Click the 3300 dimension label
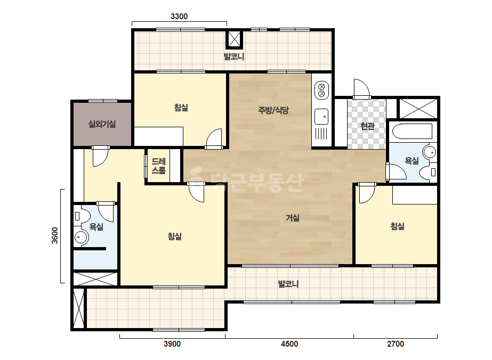179,17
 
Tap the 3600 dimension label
55,235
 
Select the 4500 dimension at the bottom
289,344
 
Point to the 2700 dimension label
396,344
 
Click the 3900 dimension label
172,344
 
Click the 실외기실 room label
102,124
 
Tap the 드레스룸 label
158,166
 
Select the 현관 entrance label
367,126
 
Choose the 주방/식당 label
273,110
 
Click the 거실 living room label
293,218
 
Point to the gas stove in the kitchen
321,89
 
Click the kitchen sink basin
321,116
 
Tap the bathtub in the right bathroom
412,131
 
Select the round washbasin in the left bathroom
81,238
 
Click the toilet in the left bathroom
82,216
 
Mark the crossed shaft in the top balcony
235,39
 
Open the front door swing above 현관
361,89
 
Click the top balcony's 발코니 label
234,57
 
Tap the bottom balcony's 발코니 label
288,284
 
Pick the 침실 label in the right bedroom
397,226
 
